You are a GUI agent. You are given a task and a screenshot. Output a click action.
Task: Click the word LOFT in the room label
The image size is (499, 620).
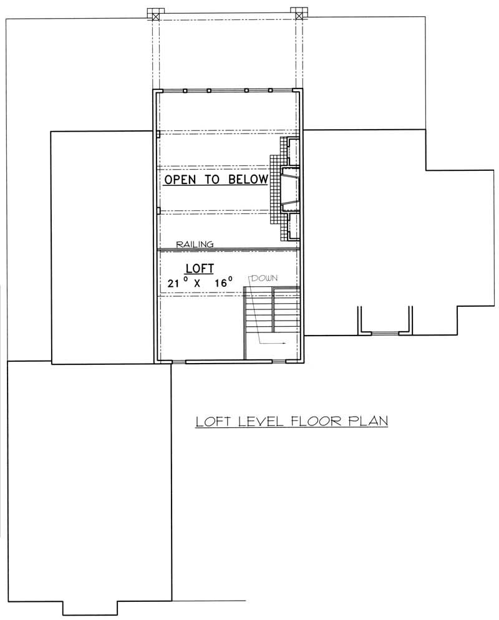tap(200, 268)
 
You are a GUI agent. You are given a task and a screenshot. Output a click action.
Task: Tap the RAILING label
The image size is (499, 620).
tap(195, 245)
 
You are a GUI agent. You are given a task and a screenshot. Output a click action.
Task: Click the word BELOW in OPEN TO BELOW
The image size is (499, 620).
tap(248, 180)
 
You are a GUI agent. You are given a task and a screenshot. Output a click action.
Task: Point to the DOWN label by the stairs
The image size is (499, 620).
tap(264, 278)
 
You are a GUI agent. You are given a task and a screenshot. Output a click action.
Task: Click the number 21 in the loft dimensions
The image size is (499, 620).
tap(175, 284)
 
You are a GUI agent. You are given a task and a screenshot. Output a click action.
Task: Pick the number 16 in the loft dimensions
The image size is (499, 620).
tap(221, 284)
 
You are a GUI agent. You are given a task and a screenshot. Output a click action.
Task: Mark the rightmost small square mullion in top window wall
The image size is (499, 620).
tap(270, 90)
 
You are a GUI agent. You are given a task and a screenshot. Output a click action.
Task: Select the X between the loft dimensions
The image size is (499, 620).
tap(198, 284)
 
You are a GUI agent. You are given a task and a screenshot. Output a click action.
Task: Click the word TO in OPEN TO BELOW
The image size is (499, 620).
tap(214, 180)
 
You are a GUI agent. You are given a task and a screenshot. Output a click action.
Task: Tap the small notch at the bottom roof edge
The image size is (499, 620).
tap(92, 608)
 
